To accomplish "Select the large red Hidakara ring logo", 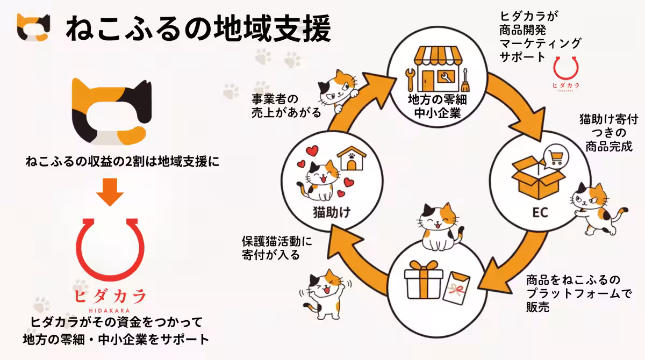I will [x=111, y=249].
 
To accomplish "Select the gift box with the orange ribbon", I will [x=422, y=282].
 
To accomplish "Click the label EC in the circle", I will [x=540, y=213].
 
